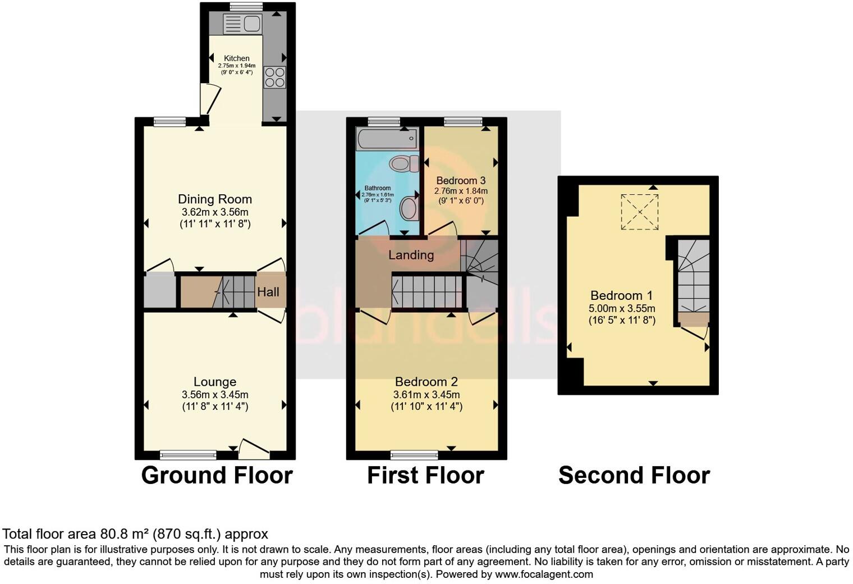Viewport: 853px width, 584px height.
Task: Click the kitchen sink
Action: pyautogui.click(x=242, y=24)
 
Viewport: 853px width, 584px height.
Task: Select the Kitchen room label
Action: pyautogui.click(x=236, y=58)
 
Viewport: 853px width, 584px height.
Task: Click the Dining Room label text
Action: pyautogui.click(x=214, y=199)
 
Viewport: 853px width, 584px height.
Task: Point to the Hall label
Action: pyautogui.click(x=268, y=292)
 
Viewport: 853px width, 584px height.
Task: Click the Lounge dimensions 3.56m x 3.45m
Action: pyautogui.click(x=214, y=394)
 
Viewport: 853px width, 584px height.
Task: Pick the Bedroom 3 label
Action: pyautogui.click(x=460, y=181)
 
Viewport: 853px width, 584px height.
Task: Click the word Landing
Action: pyautogui.click(x=411, y=255)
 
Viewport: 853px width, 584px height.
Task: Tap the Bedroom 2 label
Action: pyautogui.click(x=426, y=382)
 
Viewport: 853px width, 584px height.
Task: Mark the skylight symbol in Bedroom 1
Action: pyautogui.click(x=639, y=212)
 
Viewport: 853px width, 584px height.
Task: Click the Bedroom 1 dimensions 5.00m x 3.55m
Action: pyautogui.click(x=622, y=308)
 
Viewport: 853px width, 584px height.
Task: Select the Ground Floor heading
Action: pyautogui.click(x=217, y=476)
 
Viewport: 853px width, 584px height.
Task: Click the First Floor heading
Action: pyautogui.click(x=425, y=476)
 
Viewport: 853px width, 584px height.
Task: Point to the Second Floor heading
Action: pyautogui.click(x=634, y=476)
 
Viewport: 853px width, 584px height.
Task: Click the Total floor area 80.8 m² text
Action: pyautogui.click(x=135, y=534)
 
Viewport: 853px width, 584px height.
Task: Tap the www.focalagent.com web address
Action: pyautogui.click(x=544, y=574)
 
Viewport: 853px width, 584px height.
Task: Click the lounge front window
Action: pyautogui.click(x=188, y=454)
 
